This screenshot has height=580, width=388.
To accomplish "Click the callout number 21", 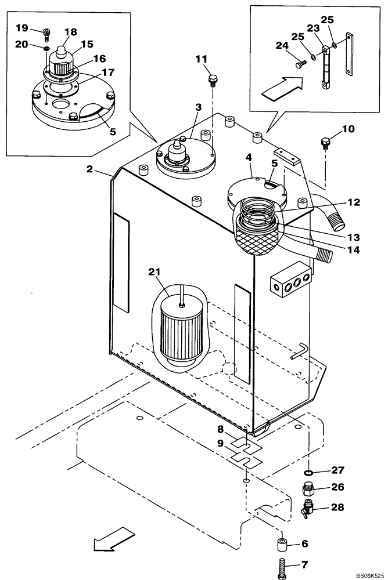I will coord(155,272).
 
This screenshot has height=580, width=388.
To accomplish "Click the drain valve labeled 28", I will coord(307,509).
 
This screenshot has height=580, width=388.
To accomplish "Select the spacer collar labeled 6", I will coord(282,546).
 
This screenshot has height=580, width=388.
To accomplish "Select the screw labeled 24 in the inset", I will coord(300,65).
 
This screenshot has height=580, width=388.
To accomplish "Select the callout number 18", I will coord(71,33).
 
